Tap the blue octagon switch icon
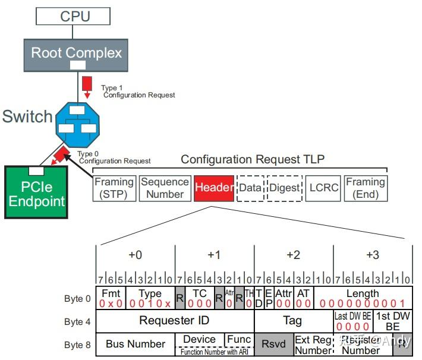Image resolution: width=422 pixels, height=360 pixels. tap(77, 124)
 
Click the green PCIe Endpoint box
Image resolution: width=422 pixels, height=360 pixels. tap(36, 192)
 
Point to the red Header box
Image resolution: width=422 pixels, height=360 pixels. tap(213, 188)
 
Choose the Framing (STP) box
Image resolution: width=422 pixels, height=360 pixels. tap(115, 188)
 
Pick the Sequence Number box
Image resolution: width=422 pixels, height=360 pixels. tap(165, 188)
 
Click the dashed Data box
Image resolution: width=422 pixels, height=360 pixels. tap(250, 188)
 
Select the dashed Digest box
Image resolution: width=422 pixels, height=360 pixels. tap(284, 188)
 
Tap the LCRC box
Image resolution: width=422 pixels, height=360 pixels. tap(323, 188)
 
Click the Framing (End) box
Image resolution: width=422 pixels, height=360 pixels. tap(366, 188)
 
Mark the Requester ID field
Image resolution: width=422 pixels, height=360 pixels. tap(174, 321)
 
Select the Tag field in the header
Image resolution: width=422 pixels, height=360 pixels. tap(292, 321)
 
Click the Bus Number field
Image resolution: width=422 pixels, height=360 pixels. tap(135, 344)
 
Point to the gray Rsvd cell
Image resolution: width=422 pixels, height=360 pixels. tap(273, 344)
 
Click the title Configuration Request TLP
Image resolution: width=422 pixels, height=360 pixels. tap(253, 160)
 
